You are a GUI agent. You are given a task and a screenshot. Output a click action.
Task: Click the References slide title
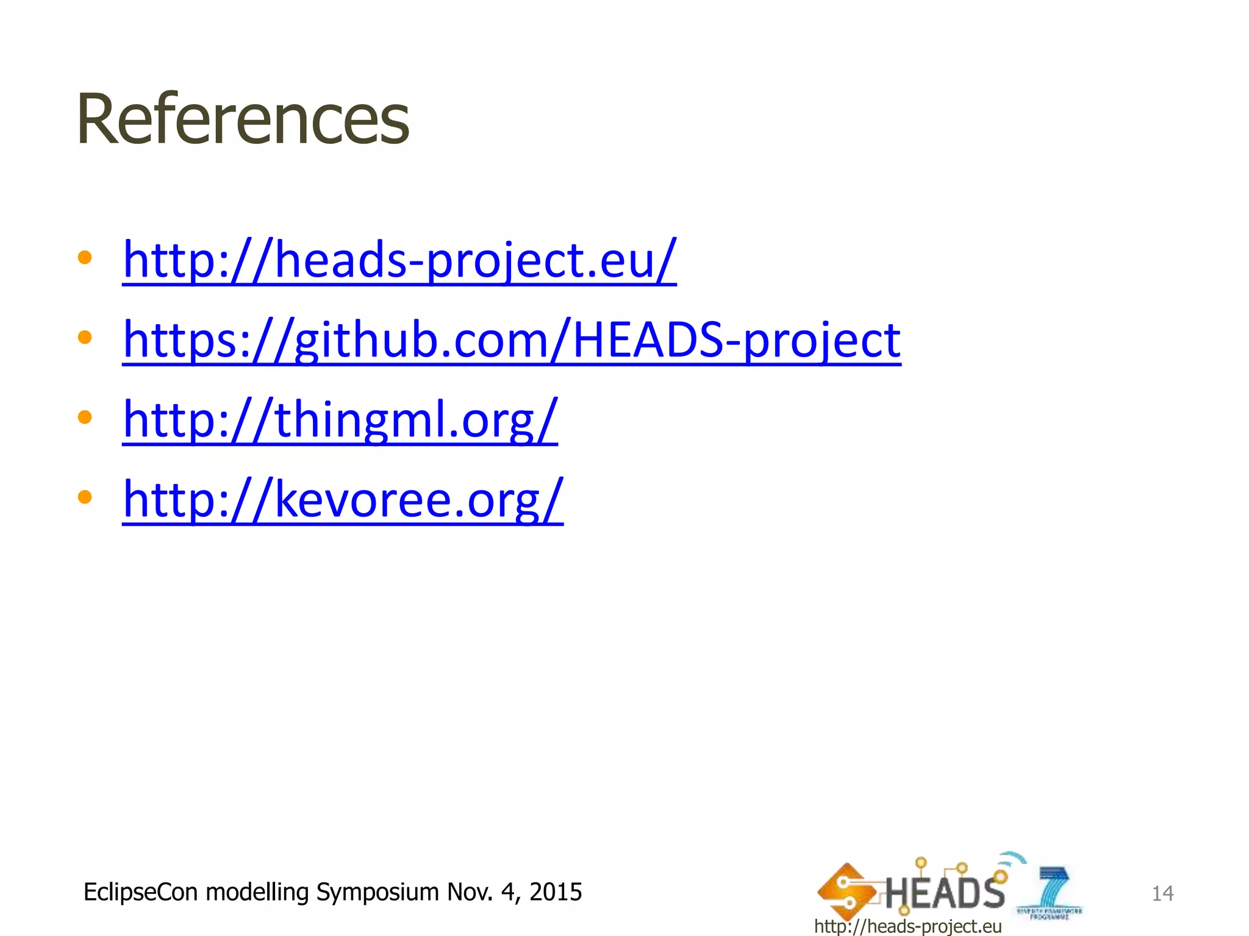tap(243, 119)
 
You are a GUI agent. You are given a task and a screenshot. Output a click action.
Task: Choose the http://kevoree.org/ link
tap(343, 499)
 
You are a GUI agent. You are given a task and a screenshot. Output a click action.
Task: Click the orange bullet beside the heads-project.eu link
tap(85, 257)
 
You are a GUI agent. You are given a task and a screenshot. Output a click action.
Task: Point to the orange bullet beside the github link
tap(85, 337)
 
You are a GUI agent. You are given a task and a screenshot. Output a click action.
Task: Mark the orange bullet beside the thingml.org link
tap(85, 417)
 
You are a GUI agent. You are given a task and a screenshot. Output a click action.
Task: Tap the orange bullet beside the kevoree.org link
tap(85, 497)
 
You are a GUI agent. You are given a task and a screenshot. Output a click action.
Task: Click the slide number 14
tap(1162, 893)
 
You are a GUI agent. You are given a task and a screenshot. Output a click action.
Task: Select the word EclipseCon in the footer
tap(141, 892)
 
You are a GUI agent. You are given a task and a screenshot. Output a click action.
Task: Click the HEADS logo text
tap(944, 892)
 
